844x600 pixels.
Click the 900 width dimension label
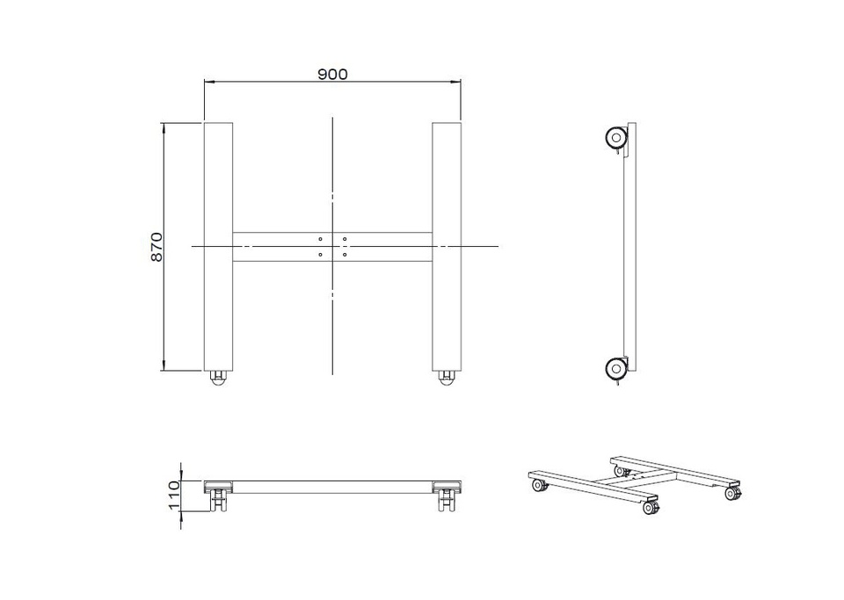(332, 74)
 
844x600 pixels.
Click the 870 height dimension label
(156, 247)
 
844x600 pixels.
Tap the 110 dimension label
(174, 495)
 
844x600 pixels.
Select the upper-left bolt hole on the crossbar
(320, 239)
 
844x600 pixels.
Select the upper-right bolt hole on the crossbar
(345, 239)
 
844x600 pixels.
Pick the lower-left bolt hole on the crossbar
(320, 254)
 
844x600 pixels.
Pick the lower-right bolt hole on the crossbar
(345, 254)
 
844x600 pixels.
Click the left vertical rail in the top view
(219, 247)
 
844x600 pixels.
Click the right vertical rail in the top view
(447, 247)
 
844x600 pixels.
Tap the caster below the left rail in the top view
(219, 378)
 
